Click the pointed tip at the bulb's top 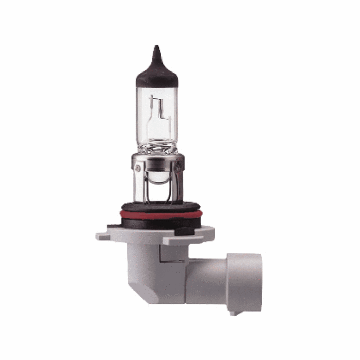pyautogui.click(x=156, y=49)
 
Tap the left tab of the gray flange pyautogui.click(x=103, y=237)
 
